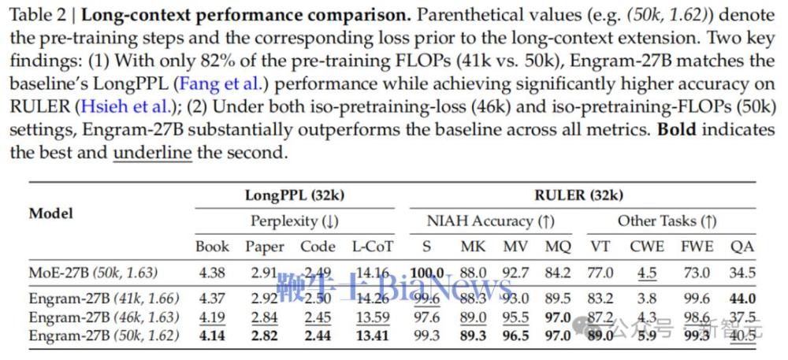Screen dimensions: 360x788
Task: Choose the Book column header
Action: pos(212,247)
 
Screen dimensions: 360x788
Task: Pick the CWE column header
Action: pos(646,247)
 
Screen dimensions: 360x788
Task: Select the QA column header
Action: pos(742,247)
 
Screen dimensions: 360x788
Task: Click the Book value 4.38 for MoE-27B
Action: pos(212,273)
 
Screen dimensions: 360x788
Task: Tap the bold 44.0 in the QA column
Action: pos(742,299)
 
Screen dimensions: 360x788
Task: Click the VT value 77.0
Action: pos(601,273)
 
